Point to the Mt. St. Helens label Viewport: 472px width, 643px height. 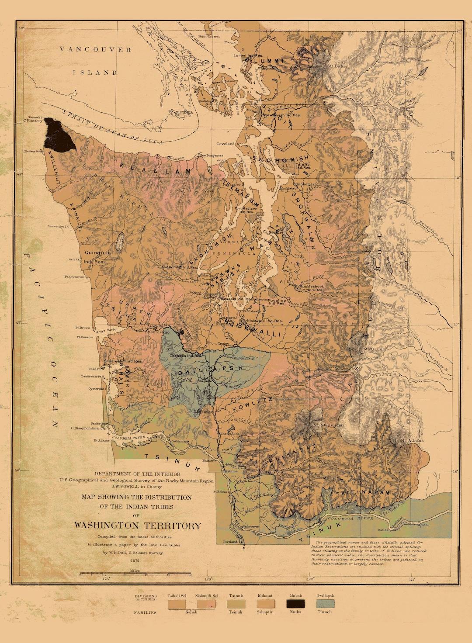[328, 425]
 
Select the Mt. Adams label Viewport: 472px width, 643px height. [412, 440]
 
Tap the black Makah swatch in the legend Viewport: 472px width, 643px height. [296, 604]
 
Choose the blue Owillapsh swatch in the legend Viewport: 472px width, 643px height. [325, 604]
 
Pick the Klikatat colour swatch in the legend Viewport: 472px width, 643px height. [265, 604]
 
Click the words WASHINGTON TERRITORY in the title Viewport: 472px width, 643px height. [138, 525]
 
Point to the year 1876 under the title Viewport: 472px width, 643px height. [135, 560]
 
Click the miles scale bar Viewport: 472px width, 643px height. [135, 574]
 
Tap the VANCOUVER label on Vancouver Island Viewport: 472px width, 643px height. [95, 49]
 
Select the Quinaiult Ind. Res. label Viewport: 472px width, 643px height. [97, 256]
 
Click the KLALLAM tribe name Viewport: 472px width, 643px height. [155, 169]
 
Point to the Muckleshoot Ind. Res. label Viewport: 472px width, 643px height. [311, 288]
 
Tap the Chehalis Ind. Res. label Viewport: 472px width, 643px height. [186, 356]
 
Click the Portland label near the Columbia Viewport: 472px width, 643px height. [230, 542]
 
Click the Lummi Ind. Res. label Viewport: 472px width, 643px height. [248, 55]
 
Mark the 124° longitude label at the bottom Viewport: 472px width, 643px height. [106, 579]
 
